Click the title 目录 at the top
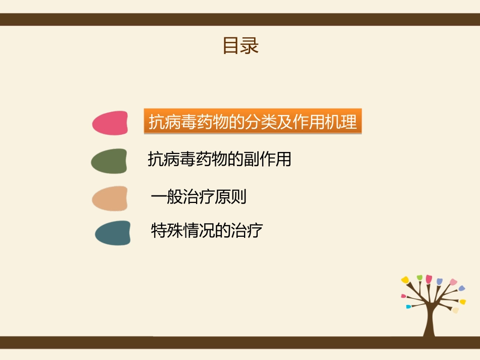[241, 45]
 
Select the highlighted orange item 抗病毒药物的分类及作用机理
[253, 122]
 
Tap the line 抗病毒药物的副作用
[219, 160]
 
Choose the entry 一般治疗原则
[199, 196]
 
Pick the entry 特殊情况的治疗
[207, 231]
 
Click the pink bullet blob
[110, 123]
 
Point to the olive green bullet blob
[109, 161]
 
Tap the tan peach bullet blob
[110, 198]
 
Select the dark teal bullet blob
[112, 233]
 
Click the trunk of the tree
[430, 318]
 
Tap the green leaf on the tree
[419, 277]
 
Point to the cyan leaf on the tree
[409, 306]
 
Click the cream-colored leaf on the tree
[456, 310]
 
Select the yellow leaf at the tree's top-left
[405, 279]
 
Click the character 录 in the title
[250, 45]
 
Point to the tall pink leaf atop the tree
[429, 279]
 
